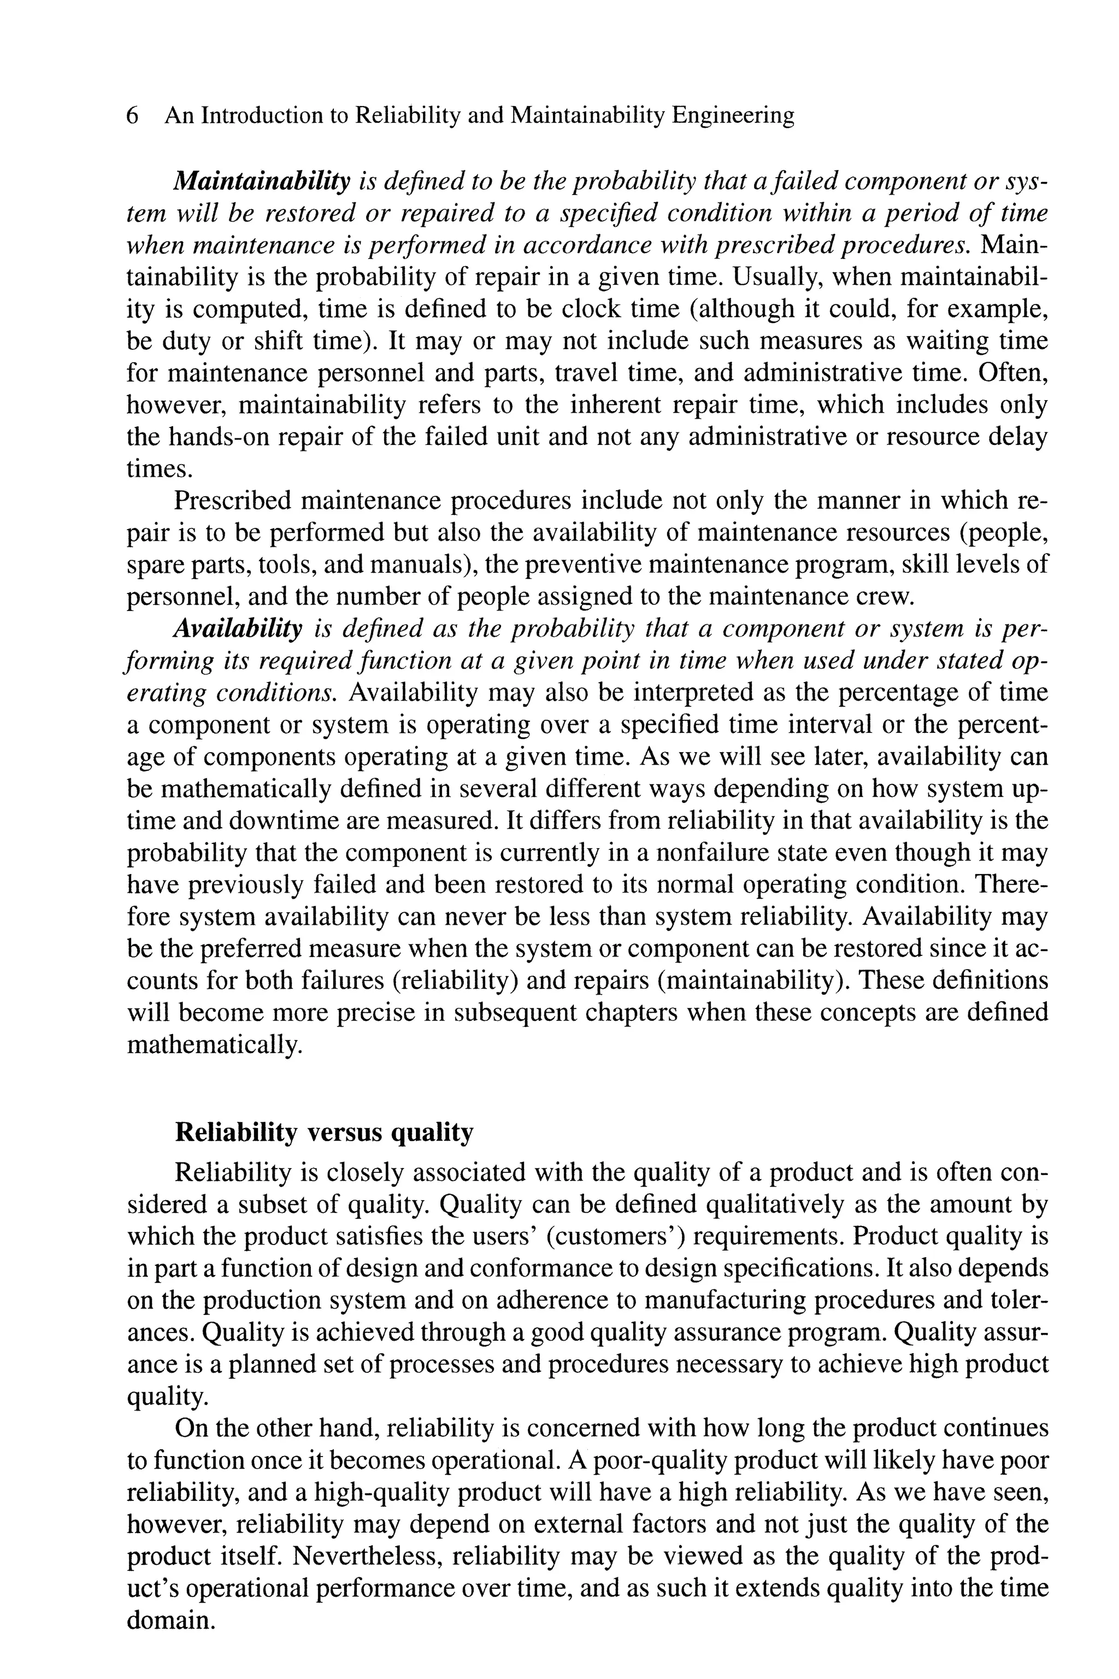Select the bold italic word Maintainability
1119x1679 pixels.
point(262,182)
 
